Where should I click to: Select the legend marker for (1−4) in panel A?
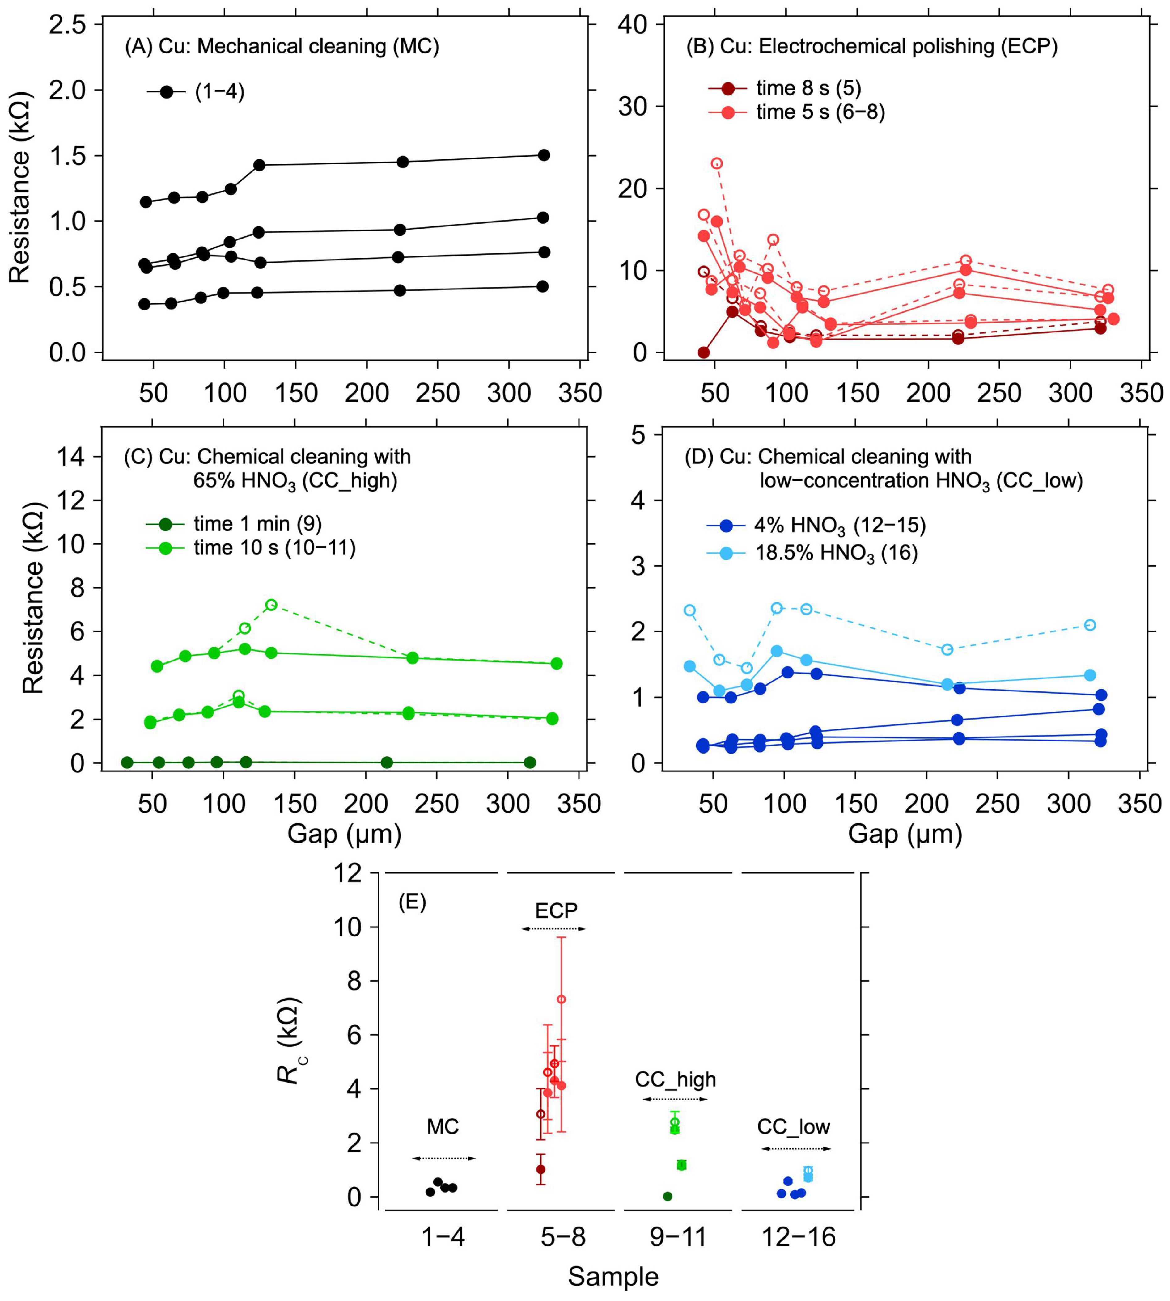coord(167,92)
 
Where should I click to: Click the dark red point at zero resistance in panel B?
coord(704,352)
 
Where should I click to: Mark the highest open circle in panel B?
coord(717,163)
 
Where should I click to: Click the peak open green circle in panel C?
coord(271,605)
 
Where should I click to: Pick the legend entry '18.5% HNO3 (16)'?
coord(836,553)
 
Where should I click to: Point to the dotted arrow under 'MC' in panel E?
coord(443,1158)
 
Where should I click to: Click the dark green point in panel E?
coord(667,1196)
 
